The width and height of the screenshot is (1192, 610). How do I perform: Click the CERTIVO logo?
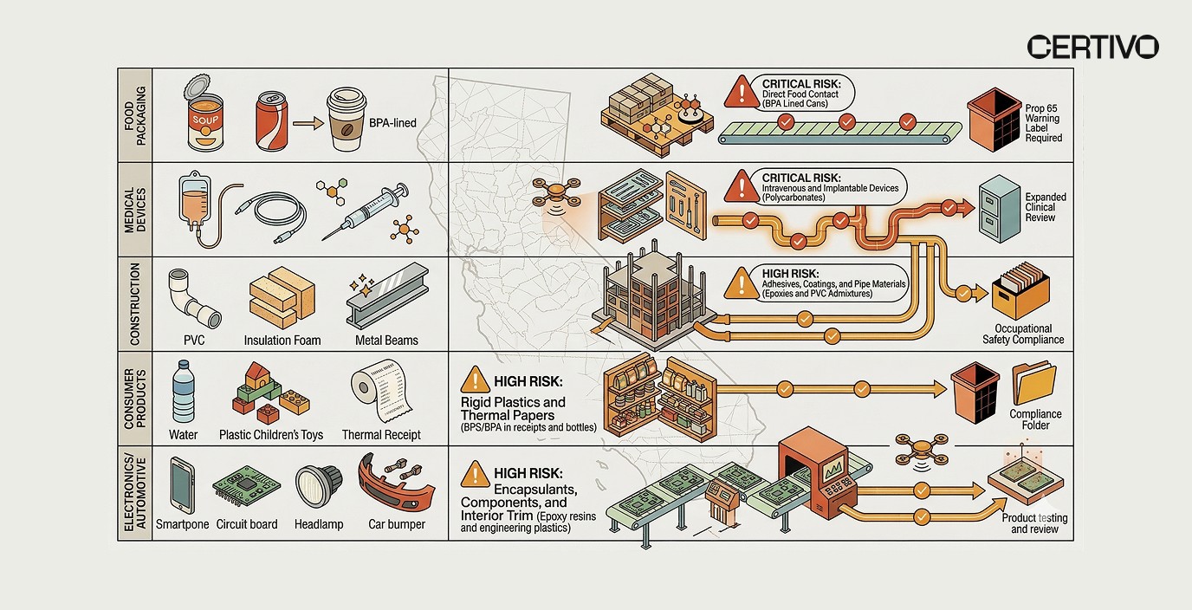(1092, 47)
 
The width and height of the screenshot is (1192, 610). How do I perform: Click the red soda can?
(270, 121)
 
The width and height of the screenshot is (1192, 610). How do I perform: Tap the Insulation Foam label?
(282, 341)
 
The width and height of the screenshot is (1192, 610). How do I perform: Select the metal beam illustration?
(386, 297)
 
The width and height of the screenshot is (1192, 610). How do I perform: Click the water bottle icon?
(184, 392)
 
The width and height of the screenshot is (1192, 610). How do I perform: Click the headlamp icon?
(316, 488)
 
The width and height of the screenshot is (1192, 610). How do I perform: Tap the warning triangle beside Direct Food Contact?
(742, 91)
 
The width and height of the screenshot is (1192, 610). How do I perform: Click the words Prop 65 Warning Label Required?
(1044, 123)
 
